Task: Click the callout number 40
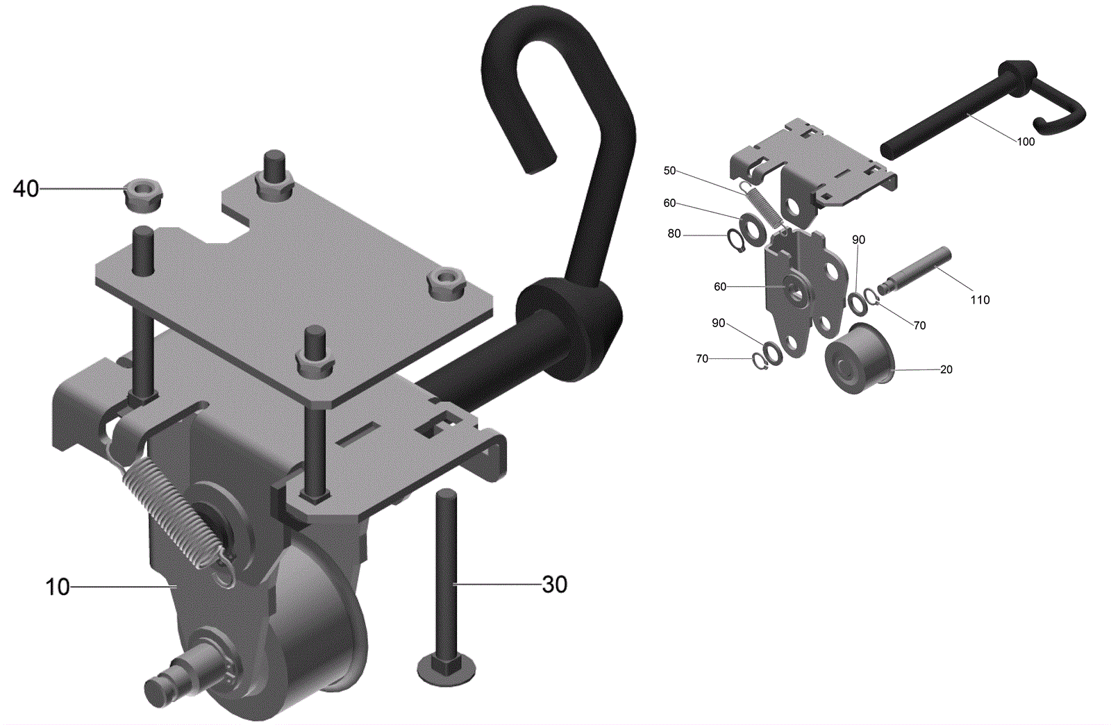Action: tap(26, 189)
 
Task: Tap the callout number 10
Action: tap(58, 587)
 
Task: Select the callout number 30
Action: tap(555, 585)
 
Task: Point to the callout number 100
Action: tap(1026, 142)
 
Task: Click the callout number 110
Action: tap(980, 300)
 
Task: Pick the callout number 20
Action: tap(946, 369)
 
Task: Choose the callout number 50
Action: tap(669, 171)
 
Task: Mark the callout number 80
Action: tap(674, 233)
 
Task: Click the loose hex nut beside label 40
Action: tap(144, 197)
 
